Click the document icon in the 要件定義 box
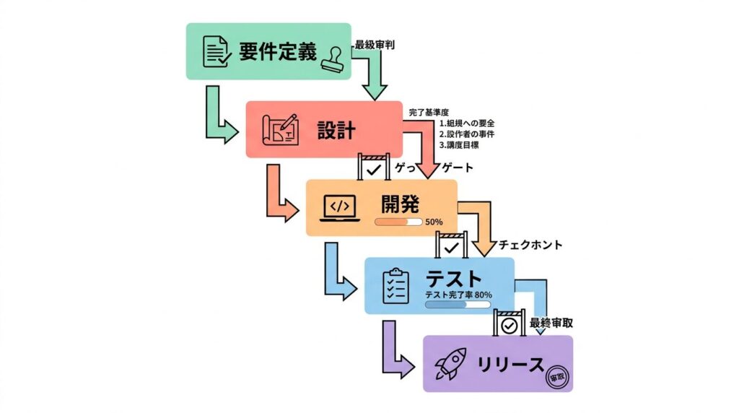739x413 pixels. click(x=214, y=52)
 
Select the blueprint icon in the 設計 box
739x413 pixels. click(x=280, y=129)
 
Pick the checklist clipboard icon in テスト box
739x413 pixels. click(x=395, y=286)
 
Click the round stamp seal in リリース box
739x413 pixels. click(x=557, y=376)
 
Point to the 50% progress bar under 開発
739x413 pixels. click(x=398, y=222)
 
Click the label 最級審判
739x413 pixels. click(x=375, y=45)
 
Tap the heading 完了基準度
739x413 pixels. click(x=429, y=113)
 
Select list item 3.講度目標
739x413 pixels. click(x=460, y=144)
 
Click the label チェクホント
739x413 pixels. click(x=530, y=245)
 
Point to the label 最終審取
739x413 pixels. click(x=551, y=323)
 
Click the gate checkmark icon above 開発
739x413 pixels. click(x=374, y=168)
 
